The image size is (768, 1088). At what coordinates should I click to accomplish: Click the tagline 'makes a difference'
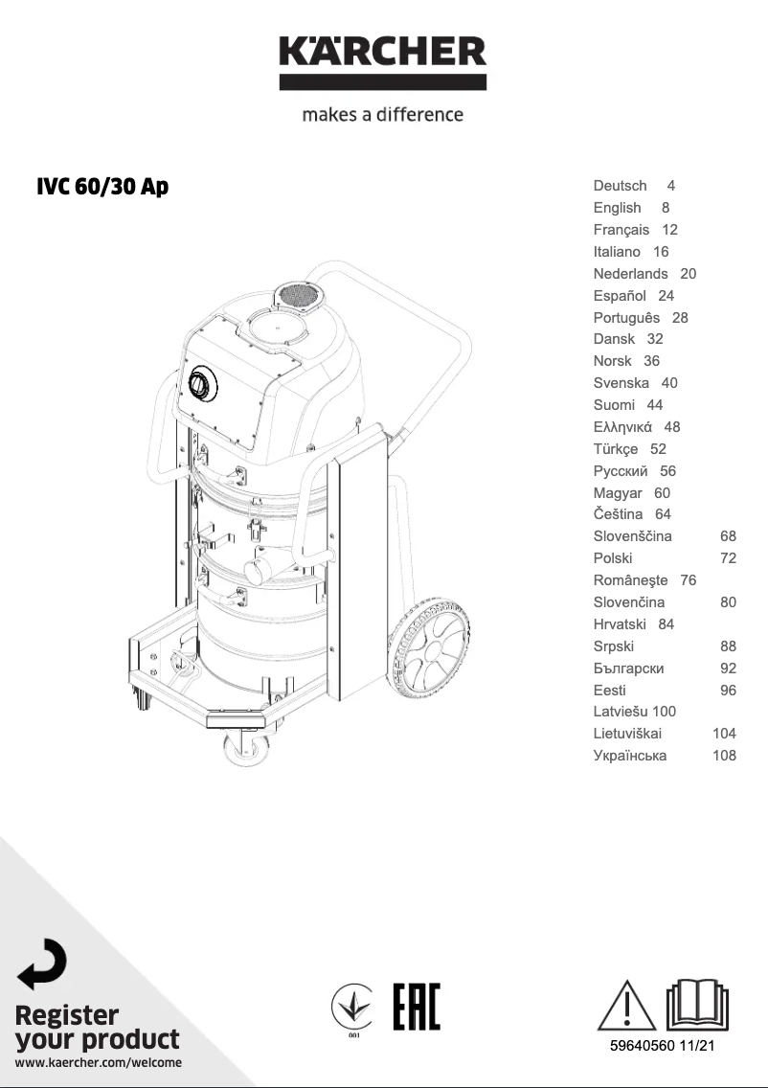(x=383, y=115)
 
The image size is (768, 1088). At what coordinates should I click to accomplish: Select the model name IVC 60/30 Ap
(x=102, y=187)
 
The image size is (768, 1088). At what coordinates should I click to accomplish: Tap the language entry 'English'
(x=618, y=208)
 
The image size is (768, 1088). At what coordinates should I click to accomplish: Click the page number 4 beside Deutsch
(x=671, y=186)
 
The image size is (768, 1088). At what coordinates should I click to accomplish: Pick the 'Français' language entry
(x=621, y=230)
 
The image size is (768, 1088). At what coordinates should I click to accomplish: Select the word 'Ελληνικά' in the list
(x=622, y=427)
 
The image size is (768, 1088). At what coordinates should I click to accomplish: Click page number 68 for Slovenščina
(x=728, y=536)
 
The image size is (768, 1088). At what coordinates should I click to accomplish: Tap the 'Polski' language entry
(x=613, y=558)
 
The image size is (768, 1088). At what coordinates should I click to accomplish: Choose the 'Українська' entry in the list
(x=630, y=756)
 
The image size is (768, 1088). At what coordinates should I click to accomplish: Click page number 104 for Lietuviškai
(x=724, y=734)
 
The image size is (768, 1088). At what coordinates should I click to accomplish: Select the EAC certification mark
(x=417, y=1007)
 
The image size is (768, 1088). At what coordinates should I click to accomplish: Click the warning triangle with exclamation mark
(x=624, y=1005)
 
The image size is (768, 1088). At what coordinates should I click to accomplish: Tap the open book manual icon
(x=697, y=1003)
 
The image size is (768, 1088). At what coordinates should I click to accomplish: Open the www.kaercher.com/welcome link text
(x=99, y=1062)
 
